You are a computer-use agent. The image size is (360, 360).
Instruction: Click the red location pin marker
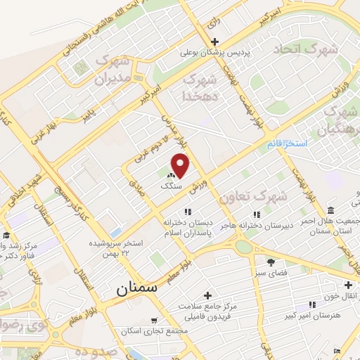pos(181,166)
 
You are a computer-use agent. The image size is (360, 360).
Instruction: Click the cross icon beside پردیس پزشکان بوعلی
pos(216,41)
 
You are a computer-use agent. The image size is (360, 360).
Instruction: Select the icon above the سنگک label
pos(171,175)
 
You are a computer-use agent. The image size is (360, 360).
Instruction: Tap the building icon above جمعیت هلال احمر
pos(330,210)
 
